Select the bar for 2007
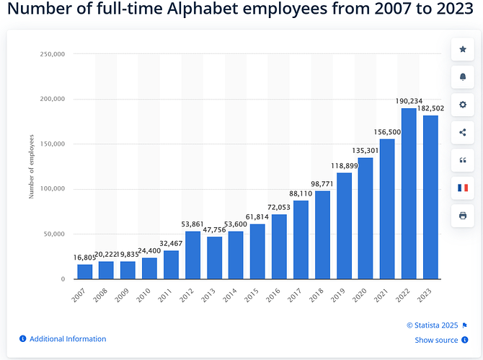click(x=85, y=271)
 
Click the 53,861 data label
click(x=192, y=224)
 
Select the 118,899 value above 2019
click(x=344, y=166)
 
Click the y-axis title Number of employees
click(x=32, y=167)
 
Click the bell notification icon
click(x=462, y=76)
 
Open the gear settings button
click(x=462, y=104)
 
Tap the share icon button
click(x=462, y=132)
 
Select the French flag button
click(x=462, y=188)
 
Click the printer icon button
click(x=462, y=215)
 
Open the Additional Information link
click(x=67, y=339)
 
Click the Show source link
click(x=436, y=341)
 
